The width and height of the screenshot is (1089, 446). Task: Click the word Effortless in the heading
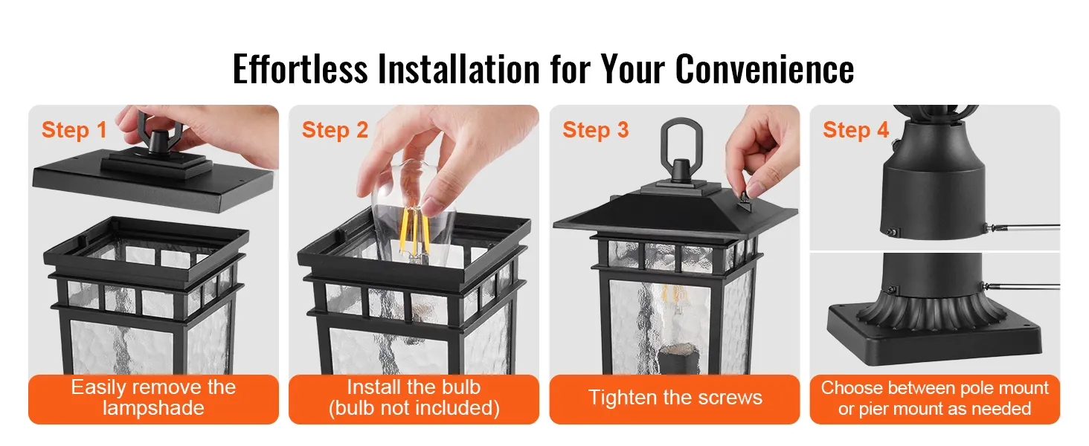[301, 69]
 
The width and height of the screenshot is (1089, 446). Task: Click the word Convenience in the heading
[764, 69]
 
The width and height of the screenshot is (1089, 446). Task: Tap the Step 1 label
[74, 130]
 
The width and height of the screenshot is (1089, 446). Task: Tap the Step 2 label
[335, 130]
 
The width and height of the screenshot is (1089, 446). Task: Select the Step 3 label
[596, 130]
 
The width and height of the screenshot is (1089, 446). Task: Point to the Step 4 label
[855, 130]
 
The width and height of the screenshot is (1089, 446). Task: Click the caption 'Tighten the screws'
[675, 398]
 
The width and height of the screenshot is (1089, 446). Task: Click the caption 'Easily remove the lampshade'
[154, 398]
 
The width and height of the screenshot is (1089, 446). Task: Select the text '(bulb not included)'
[414, 408]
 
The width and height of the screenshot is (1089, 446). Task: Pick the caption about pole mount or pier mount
[934, 398]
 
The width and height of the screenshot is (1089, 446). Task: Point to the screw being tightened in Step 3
[745, 201]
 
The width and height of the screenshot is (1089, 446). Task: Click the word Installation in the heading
[459, 69]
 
